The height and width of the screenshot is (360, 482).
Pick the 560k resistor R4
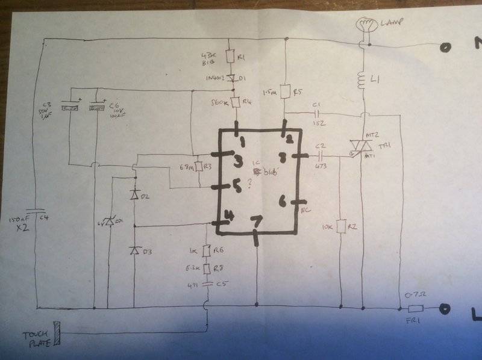click(236, 102)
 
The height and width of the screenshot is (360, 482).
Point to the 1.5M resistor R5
click(284, 91)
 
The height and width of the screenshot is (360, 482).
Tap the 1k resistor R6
click(207, 250)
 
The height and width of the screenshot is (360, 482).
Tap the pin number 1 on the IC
click(241, 142)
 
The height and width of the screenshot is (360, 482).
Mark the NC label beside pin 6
click(305, 210)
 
